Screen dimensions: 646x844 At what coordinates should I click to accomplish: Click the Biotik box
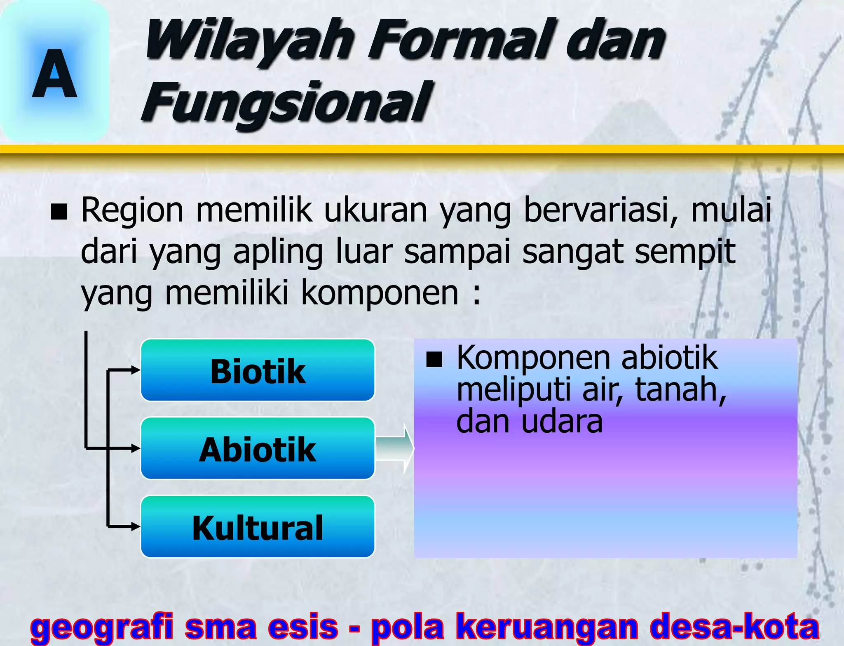(x=258, y=370)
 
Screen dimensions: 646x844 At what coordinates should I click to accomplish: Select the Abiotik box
(x=258, y=449)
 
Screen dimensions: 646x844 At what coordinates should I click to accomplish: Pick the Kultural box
(x=258, y=527)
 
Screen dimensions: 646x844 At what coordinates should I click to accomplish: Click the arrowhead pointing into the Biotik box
(x=136, y=370)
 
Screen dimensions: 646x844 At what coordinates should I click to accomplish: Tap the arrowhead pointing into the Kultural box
(x=136, y=526)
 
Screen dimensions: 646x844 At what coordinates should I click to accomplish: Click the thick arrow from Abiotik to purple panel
(x=395, y=448)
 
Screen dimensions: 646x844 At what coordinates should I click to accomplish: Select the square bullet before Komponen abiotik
(x=434, y=359)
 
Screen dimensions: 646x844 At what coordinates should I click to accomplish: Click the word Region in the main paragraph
(x=132, y=210)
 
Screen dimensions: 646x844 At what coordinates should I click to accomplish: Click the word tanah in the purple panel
(x=680, y=390)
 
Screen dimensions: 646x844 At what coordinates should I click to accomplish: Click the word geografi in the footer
(x=101, y=626)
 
